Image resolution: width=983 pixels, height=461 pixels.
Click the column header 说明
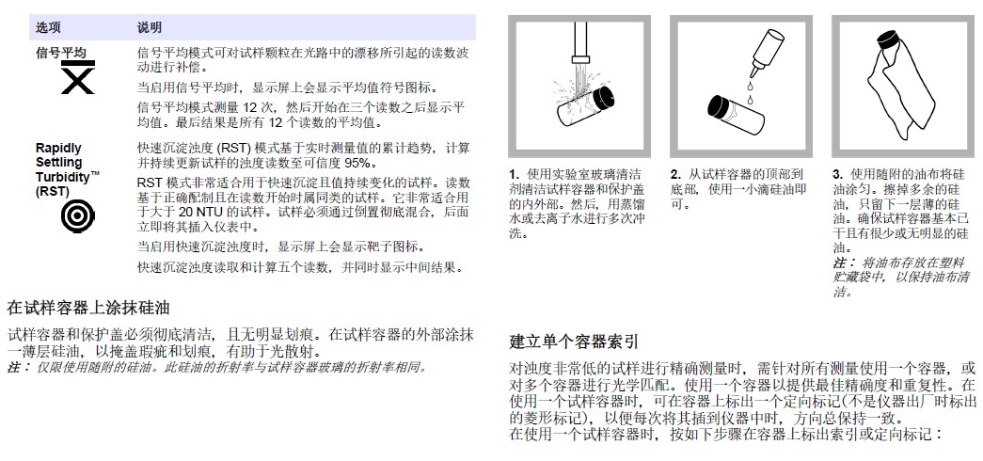click(x=150, y=27)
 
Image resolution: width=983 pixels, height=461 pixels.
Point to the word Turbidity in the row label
click(x=63, y=176)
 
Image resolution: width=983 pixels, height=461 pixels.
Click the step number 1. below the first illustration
click(x=514, y=174)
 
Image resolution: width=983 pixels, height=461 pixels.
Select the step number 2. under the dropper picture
click(x=675, y=174)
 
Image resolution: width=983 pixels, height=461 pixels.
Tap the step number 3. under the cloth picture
click(x=838, y=174)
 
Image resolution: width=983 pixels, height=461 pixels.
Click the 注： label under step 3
click(x=844, y=262)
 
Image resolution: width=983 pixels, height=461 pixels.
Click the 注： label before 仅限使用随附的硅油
click(x=19, y=366)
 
